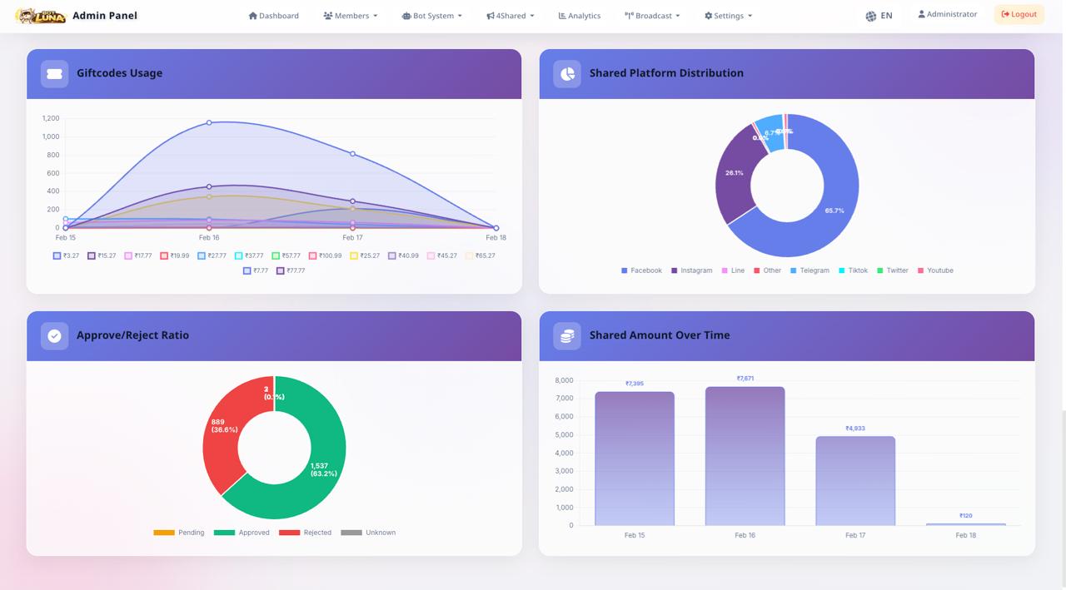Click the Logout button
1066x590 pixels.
point(1019,14)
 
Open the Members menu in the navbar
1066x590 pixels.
point(351,16)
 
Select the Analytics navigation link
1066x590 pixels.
point(579,16)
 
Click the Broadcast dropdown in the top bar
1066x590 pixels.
point(652,16)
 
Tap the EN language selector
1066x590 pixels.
point(879,16)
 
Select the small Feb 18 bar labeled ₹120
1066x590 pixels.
point(965,524)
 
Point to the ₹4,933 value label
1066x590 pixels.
point(855,429)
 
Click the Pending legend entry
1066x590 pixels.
point(179,533)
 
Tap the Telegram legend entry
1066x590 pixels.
point(809,270)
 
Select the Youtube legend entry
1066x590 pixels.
point(935,270)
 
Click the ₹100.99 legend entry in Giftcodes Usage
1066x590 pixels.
point(325,255)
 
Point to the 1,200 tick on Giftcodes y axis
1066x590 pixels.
point(51,118)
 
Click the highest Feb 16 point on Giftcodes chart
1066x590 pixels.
point(209,122)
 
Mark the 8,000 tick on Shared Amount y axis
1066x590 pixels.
point(564,380)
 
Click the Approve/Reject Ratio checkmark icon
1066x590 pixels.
point(54,335)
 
